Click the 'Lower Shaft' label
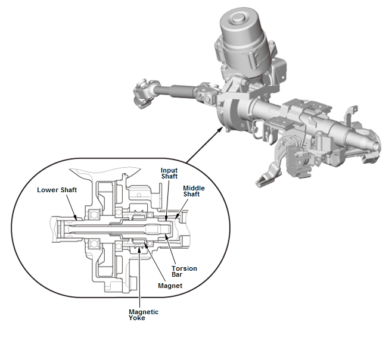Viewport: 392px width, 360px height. coord(57,190)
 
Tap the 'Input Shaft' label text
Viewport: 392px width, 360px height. coord(169,173)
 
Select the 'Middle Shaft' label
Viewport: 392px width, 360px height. coord(194,191)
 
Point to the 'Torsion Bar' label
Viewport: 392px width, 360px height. coord(184,271)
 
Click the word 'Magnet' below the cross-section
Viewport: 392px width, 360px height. coord(170,286)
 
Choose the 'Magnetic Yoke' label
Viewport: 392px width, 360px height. coord(144,315)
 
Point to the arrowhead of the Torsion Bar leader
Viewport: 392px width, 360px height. coord(166,236)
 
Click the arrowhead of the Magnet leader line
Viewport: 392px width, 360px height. coord(146,245)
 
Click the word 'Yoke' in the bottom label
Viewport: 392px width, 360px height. coord(137,318)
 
